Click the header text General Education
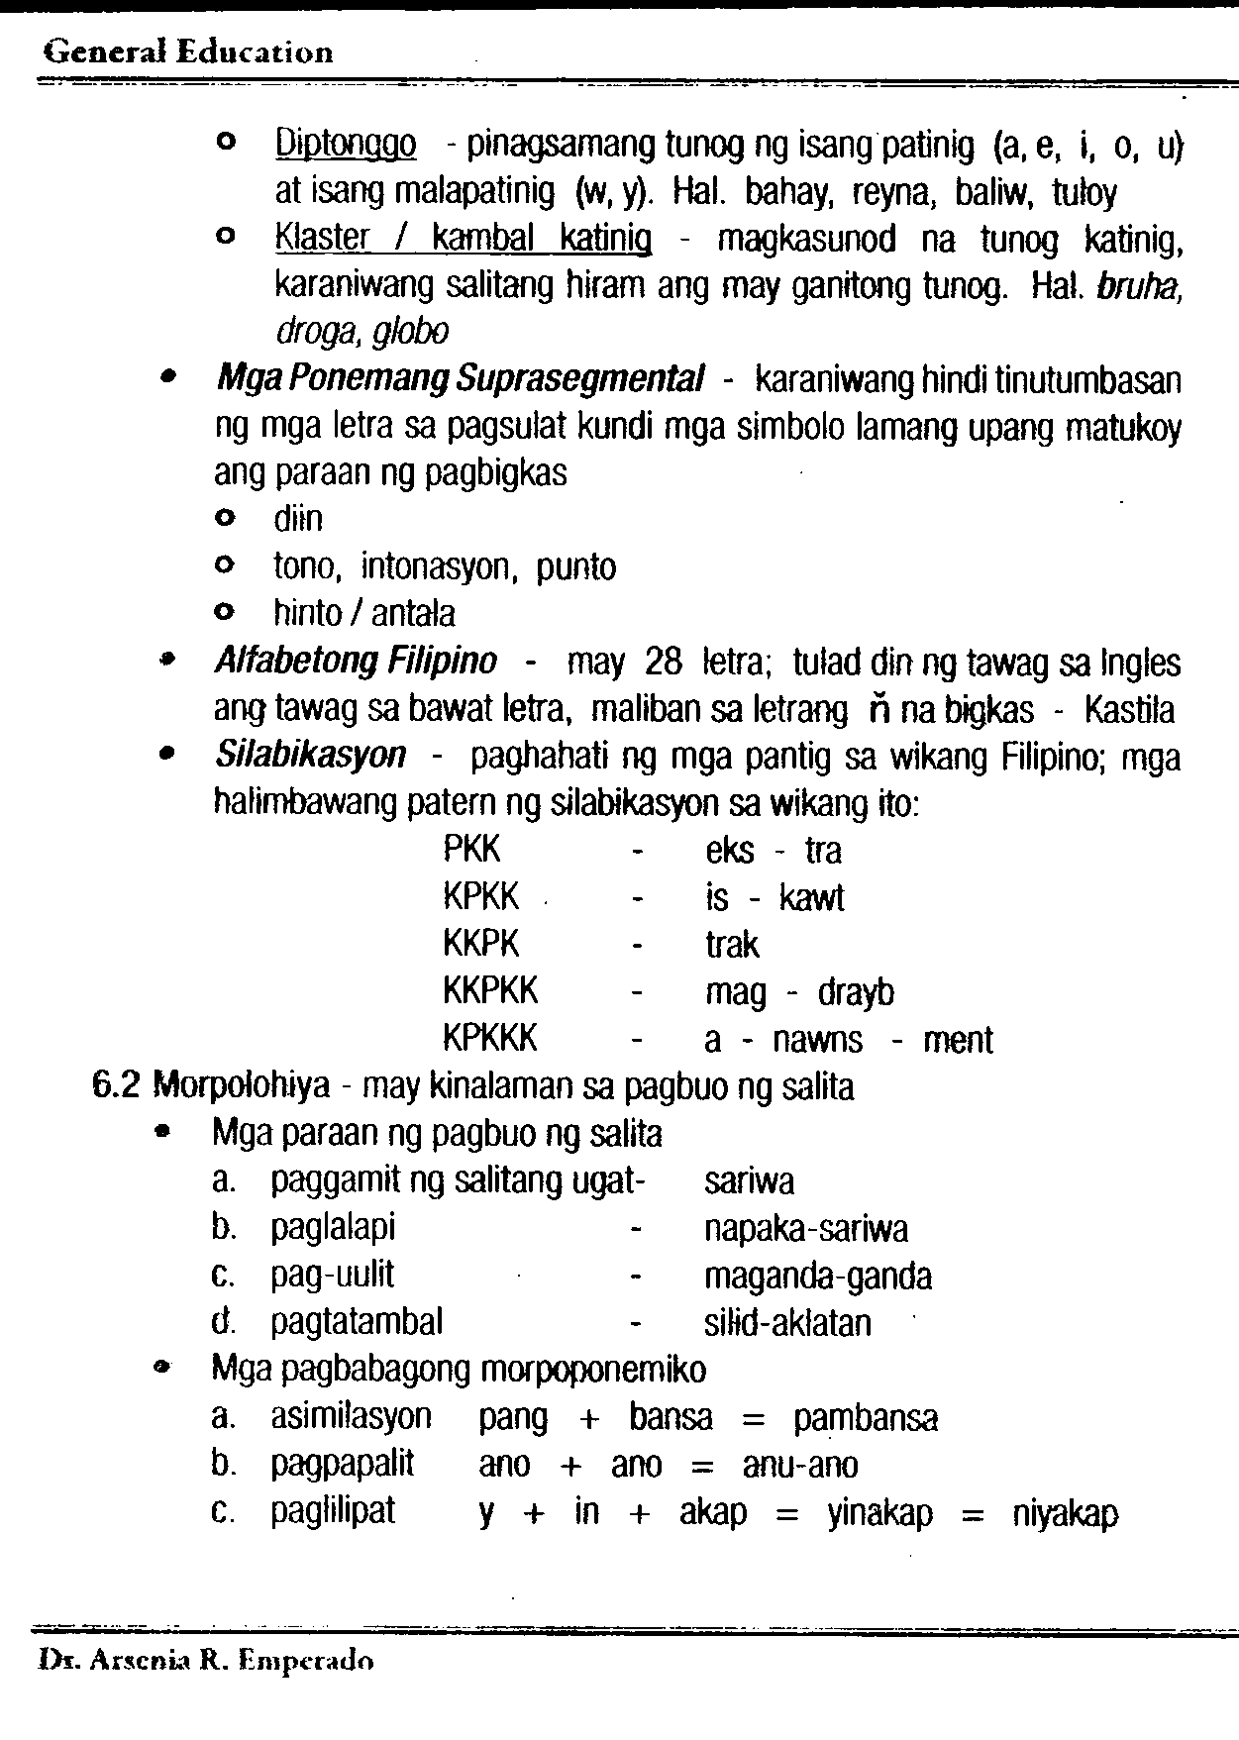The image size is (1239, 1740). point(188,51)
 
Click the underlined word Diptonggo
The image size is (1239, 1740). point(345,147)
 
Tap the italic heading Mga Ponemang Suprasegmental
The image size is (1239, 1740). point(461,379)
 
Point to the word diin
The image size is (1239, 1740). point(298,519)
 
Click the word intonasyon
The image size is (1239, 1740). point(440,566)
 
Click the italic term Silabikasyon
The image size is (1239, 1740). point(310,756)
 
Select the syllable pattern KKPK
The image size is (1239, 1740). point(480,944)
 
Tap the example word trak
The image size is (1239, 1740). point(732,945)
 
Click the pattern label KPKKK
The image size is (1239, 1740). point(489,1039)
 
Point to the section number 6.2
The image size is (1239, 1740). point(118,1086)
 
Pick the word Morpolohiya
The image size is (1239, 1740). point(241,1087)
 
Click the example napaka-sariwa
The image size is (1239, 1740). point(805,1229)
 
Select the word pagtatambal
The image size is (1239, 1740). point(357,1322)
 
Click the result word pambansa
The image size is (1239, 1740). point(865,1418)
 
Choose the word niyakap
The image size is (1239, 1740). point(1065,1513)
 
